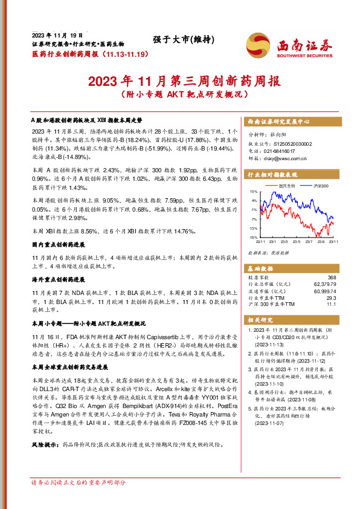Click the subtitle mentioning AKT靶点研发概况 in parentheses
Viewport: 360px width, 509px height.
(x=180, y=95)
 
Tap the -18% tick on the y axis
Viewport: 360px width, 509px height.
(x=254, y=238)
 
